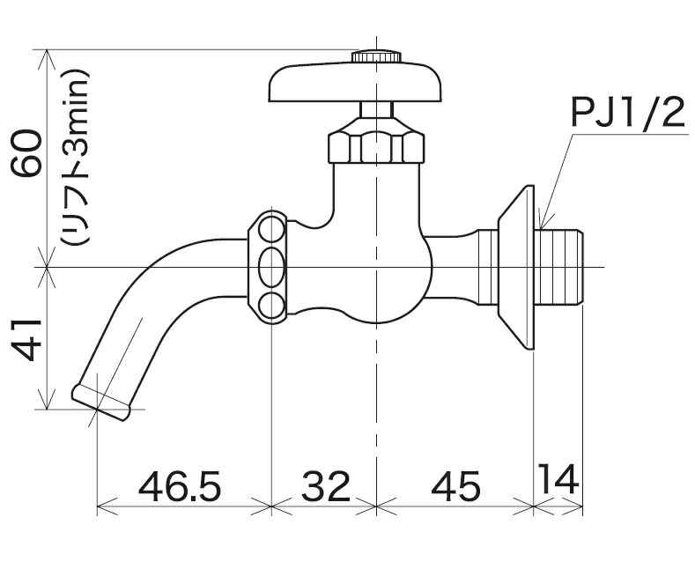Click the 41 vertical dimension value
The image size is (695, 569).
[x=26, y=339]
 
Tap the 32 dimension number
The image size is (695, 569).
[x=325, y=484]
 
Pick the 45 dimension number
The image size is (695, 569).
[x=455, y=484]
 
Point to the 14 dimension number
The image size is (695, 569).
[x=559, y=480]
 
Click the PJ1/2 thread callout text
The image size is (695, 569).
[x=627, y=116]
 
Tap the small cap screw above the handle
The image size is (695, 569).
[x=376, y=56]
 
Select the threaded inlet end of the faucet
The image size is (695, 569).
[x=561, y=266]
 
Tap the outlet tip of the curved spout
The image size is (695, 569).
[x=101, y=398]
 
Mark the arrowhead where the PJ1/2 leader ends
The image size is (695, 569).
[x=541, y=226]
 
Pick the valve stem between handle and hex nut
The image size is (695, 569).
[x=376, y=113]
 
